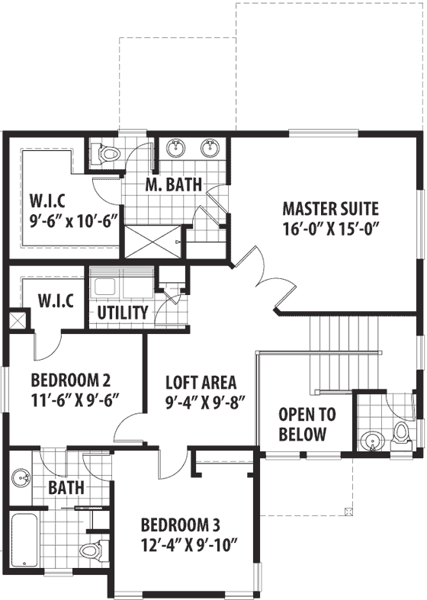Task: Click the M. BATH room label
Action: point(174,184)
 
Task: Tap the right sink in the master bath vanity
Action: point(209,146)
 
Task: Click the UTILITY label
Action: point(122,313)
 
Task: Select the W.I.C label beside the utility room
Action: point(56,300)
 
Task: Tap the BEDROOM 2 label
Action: point(75,380)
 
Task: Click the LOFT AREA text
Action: point(201,383)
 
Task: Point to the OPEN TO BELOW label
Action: point(302,425)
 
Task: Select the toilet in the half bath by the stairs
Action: point(401,434)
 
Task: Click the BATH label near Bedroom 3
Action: point(67,486)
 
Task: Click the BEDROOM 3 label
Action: point(181,525)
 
